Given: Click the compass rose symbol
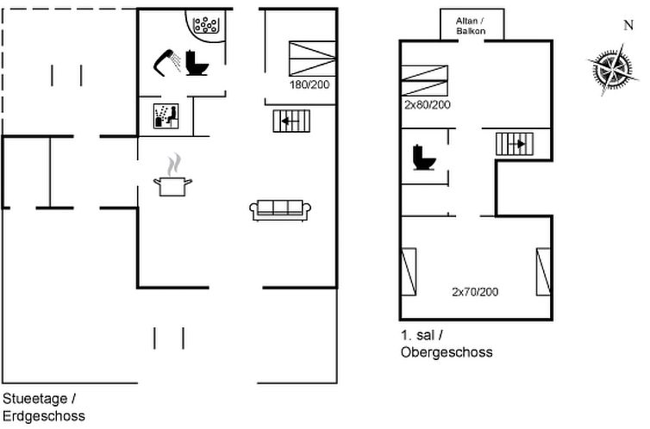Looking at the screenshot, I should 613,69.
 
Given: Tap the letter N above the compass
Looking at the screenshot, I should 628,26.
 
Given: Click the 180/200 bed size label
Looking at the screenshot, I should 308,85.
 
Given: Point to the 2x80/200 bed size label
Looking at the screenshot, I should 428,104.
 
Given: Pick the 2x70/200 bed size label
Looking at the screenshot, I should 475,292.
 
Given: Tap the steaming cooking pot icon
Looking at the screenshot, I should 172,177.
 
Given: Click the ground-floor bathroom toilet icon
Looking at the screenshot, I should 198,62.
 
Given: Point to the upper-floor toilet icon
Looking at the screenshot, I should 423,159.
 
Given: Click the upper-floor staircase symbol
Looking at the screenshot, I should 516,144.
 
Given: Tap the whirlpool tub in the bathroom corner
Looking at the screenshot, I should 207,27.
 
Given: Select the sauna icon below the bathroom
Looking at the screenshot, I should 166,116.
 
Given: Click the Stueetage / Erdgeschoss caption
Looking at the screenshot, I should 40,407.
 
